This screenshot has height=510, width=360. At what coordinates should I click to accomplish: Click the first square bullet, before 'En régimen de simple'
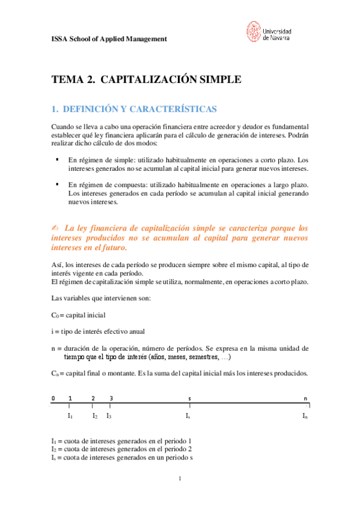pyautogui.click(x=56, y=159)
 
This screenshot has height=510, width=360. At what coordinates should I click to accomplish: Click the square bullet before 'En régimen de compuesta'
pyautogui.click(x=56, y=185)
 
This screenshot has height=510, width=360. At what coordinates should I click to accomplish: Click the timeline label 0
pyautogui.click(x=53, y=399)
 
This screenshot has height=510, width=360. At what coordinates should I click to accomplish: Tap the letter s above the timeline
pyautogui.click(x=190, y=399)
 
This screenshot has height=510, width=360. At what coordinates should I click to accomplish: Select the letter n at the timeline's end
pyautogui.click(x=306, y=399)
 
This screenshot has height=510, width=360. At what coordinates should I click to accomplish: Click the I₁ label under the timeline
pyautogui.click(x=70, y=416)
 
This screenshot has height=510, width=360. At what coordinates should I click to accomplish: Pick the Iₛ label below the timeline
pyautogui.click(x=189, y=416)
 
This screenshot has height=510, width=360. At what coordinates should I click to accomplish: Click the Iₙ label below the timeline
pyautogui.click(x=305, y=416)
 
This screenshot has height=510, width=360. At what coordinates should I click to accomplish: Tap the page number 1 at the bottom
pyautogui.click(x=180, y=479)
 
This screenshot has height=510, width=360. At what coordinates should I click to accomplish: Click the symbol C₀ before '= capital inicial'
pyautogui.click(x=55, y=315)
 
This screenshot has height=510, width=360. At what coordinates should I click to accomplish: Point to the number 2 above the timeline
pyautogui.click(x=93, y=399)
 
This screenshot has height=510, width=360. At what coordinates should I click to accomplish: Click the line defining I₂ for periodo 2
pyautogui.click(x=122, y=449)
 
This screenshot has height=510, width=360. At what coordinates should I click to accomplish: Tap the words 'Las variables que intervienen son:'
pyautogui.click(x=100, y=298)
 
